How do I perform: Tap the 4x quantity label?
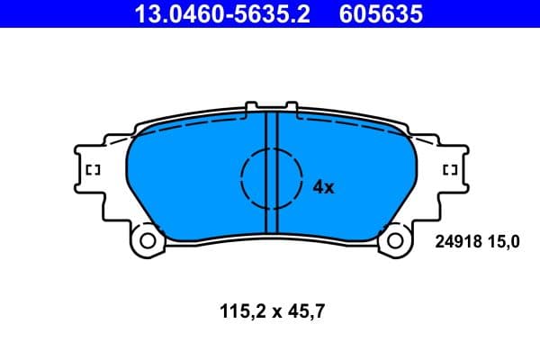323,187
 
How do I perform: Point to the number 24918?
458,241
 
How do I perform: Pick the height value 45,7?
305,313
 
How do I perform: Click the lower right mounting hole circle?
395,240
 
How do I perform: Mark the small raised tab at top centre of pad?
271,110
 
